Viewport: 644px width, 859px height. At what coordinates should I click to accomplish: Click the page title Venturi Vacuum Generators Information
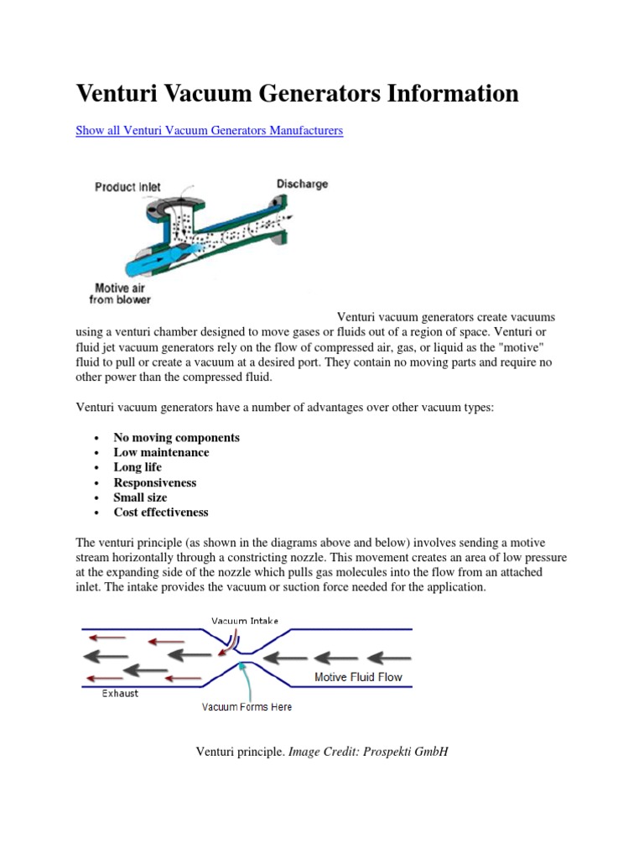tap(297, 93)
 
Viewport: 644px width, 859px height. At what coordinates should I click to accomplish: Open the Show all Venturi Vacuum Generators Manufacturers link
tap(209, 131)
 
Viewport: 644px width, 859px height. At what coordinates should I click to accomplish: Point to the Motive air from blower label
tap(120, 291)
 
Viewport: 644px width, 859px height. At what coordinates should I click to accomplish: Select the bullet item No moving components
tap(176, 438)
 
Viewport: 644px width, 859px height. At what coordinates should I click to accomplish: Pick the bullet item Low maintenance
tap(161, 453)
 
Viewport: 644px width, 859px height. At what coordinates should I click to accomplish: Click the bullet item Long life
tap(138, 467)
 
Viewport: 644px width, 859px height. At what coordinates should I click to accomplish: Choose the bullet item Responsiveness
tap(154, 482)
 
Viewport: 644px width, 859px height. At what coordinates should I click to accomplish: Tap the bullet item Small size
tap(140, 497)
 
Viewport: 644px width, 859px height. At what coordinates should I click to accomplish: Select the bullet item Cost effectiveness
tap(161, 513)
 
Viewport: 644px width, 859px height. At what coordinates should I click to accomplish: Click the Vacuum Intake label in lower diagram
tap(245, 621)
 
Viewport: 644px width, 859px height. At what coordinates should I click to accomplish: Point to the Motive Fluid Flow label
tap(358, 677)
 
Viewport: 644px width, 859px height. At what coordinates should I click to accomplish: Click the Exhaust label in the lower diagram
tap(120, 694)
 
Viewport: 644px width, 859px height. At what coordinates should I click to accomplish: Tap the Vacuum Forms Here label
tap(247, 707)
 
